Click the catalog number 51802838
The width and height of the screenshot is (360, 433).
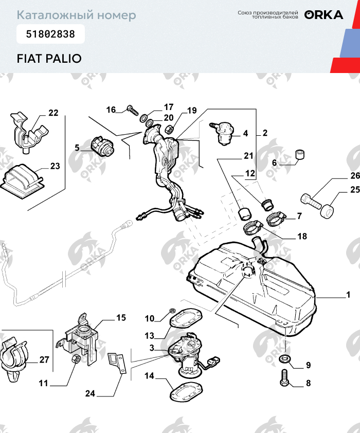click(x=50, y=34)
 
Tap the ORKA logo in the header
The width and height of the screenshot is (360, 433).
click(x=323, y=15)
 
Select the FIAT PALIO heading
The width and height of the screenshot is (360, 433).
click(x=49, y=58)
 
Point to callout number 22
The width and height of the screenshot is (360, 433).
click(x=53, y=113)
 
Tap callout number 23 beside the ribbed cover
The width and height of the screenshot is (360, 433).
click(x=55, y=166)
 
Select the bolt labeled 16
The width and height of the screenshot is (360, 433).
click(x=132, y=110)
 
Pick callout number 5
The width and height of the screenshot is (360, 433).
click(x=77, y=148)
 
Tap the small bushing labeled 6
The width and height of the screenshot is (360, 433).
click(x=300, y=155)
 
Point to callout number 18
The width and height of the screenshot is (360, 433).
click(x=302, y=237)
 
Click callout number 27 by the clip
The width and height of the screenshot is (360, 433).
click(x=44, y=359)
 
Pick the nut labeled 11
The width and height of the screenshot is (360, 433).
click(x=75, y=358)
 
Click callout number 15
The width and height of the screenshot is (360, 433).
click(x=121, y=318)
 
